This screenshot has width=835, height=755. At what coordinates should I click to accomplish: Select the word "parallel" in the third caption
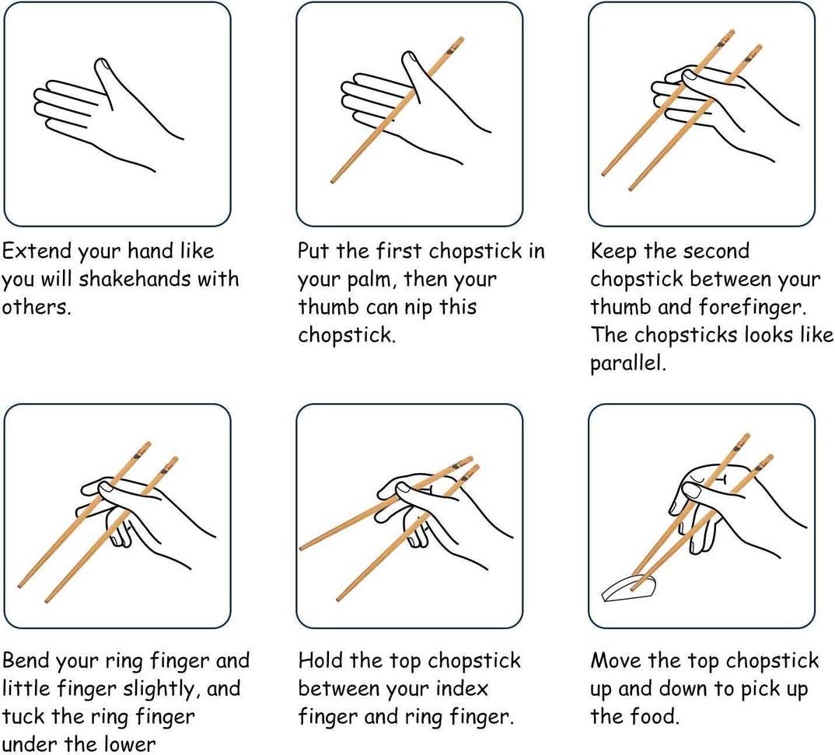click(x=628, y=363)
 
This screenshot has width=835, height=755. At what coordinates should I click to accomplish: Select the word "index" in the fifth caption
click(x=462, y=688)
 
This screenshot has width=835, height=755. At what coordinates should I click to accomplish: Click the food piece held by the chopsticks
click(x=629, y=588)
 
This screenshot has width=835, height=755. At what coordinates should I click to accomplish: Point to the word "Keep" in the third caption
click(x=613, y=251)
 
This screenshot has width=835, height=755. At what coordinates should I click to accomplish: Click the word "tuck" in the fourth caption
click(x=23, y=717)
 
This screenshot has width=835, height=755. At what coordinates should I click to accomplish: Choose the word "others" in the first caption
click(x=37, y=307)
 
